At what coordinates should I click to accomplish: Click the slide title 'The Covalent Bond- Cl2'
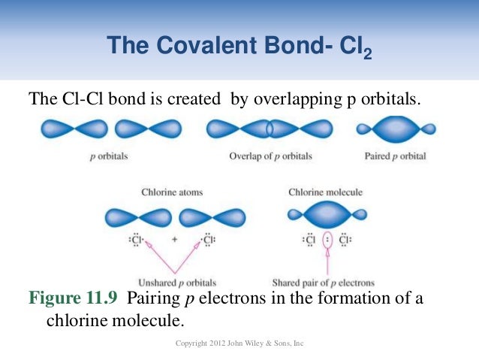point(239,47)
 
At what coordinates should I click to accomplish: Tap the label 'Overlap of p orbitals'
point(270,156)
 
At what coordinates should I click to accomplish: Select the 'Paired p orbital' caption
point(395,156)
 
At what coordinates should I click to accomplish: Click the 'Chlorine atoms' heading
point(172,192)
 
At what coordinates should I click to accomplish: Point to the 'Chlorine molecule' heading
point(325,192)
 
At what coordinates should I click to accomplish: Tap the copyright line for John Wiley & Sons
point(238,343)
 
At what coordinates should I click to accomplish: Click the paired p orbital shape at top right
point(395,129)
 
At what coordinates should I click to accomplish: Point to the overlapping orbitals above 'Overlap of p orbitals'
point(270,129)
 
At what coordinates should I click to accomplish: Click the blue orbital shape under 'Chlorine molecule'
point(325,215)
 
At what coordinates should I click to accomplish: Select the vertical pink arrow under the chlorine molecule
point(325,263)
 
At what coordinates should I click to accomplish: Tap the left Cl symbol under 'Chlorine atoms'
point(137,241)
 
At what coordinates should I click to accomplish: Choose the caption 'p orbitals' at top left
point(107,156)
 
